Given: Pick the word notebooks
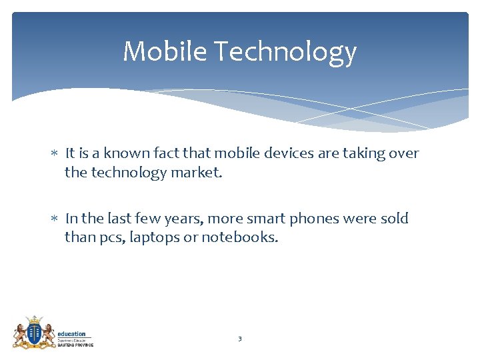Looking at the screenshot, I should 240,237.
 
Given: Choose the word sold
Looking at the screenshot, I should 394,218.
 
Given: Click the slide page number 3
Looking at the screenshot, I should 240,339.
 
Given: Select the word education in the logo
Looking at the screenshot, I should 71,334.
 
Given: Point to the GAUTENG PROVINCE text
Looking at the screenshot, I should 75,344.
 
